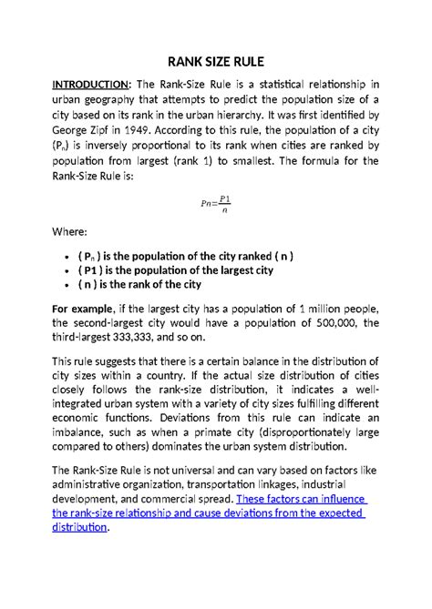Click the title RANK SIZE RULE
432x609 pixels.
pos(216,62)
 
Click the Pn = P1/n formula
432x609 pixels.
pos(216,204)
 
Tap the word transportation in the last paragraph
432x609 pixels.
pos(225,484)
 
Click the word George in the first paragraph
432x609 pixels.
pos(69,143)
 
